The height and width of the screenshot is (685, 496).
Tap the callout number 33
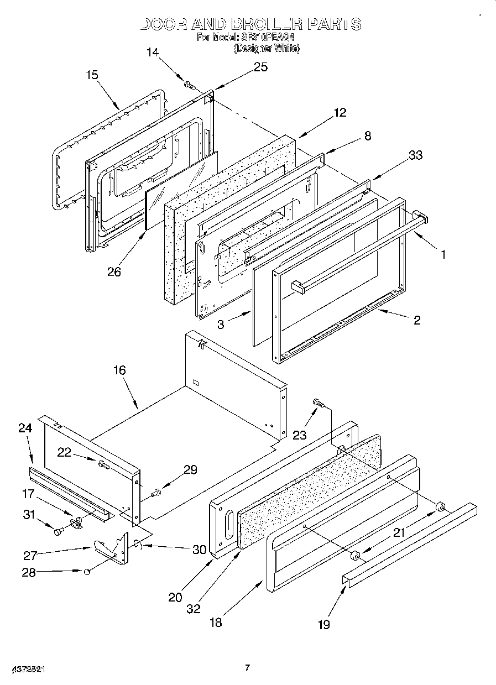pyautogui.click(x=415, y=155)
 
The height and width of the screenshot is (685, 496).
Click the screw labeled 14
pyautogui.click(x=189, y=85)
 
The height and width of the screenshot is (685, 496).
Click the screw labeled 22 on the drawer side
pyautogui.click(x=103, y=465)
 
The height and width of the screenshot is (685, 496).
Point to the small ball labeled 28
pyautogui.click(x=87, y=571)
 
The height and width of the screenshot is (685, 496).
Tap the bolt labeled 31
pyautogui.click(x=58, y=531)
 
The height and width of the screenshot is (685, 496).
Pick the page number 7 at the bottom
pyautogui.click(x=248, y=668)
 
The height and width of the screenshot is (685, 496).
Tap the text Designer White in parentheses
pyautogui.click(x=267, y=49)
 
